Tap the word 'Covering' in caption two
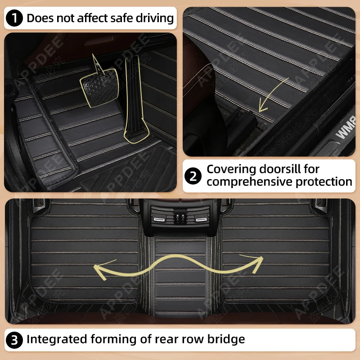click(230, 169)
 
